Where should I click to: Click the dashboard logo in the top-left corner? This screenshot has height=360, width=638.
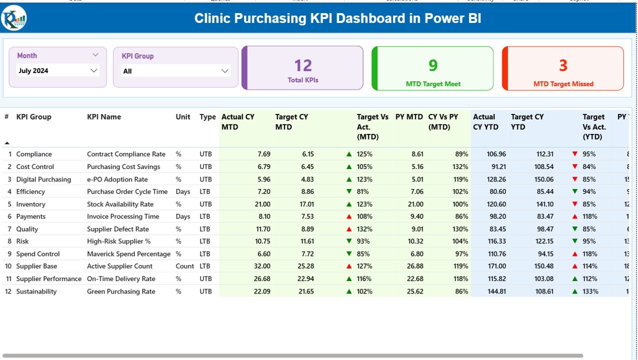point(14,18)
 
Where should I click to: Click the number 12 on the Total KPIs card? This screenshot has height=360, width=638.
point(303,65)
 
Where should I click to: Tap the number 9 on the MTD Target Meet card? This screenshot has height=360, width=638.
point(433,65)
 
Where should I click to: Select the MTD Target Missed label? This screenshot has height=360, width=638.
point(563,84)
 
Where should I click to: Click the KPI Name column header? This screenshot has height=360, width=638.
point(104,117)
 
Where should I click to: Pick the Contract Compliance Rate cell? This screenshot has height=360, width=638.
point(126,154)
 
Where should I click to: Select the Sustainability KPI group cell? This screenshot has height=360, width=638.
point(36,291)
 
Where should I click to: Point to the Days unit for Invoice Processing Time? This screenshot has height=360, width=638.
point(183,216)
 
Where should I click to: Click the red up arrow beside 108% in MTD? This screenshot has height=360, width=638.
point(349,216)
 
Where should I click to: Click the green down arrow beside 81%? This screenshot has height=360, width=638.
point(349,192)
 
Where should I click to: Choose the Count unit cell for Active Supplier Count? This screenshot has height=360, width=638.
point(185,266)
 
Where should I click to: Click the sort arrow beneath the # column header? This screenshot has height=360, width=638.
point(7,143)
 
